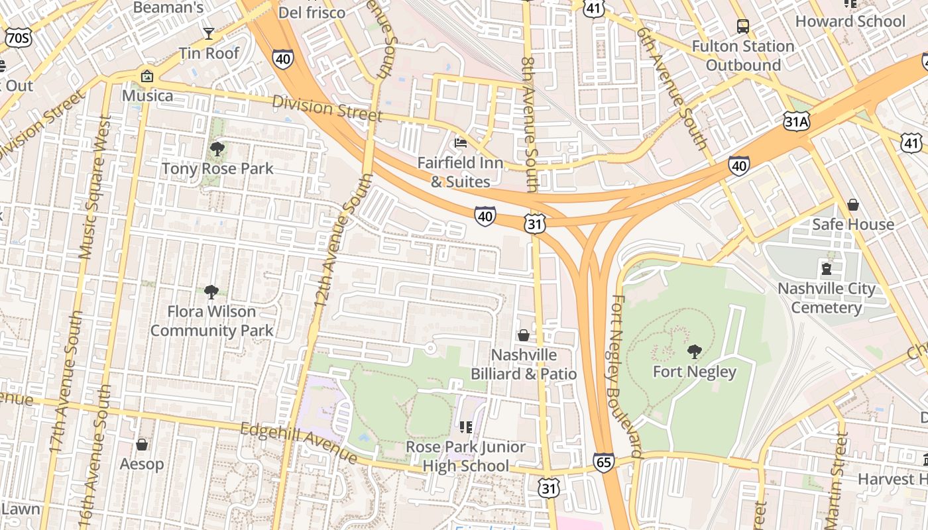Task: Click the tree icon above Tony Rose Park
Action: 217,148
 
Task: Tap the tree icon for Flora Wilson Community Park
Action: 211,291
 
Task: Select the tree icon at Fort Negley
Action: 694,352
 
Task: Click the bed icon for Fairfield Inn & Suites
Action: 461,143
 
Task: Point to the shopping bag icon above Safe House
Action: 853,205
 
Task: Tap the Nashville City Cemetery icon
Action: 827,268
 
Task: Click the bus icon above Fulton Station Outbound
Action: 743,26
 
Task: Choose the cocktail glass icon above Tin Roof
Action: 209,33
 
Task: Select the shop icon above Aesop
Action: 141,444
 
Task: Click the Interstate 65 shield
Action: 604,462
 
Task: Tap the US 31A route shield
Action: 796,121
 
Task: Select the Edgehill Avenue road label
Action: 300,443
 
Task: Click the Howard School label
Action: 850,21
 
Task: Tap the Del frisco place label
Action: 312,13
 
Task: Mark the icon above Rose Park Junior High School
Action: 466,427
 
